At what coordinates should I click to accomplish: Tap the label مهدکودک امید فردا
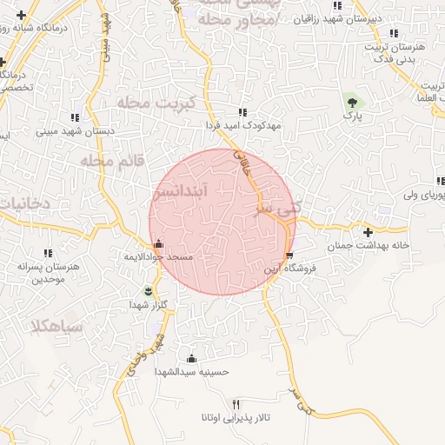pos(246,126)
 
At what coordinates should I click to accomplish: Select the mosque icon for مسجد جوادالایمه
pos(157,245)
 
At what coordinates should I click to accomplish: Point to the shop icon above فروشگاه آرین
pos(289,255)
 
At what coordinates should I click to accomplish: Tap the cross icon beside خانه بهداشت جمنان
pos(369,232)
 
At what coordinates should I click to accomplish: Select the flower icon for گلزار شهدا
pos(149,289)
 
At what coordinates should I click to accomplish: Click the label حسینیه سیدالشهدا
pos(191,371)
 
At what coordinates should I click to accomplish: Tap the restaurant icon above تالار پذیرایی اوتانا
pos(236,404)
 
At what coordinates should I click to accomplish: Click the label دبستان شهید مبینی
pos(71,132)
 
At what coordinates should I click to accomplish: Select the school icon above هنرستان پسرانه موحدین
pos(46,253)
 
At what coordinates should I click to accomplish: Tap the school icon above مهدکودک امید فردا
pos(242,112)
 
